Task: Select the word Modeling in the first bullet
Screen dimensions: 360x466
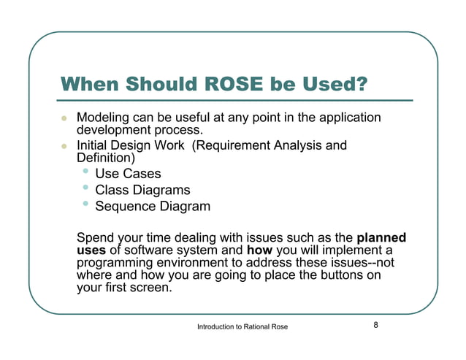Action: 102,118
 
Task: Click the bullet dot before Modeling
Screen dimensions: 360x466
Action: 64,118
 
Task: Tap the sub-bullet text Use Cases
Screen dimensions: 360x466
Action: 128,174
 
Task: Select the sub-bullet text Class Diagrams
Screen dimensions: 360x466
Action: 142,190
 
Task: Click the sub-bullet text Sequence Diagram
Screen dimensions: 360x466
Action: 153,206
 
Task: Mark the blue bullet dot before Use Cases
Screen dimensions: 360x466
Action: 86,172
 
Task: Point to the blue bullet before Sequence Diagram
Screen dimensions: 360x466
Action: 86,204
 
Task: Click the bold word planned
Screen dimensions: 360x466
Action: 381,238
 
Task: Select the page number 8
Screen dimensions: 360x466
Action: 375,325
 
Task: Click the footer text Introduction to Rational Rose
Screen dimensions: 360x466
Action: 242,326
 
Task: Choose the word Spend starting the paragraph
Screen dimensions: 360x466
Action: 96,238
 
